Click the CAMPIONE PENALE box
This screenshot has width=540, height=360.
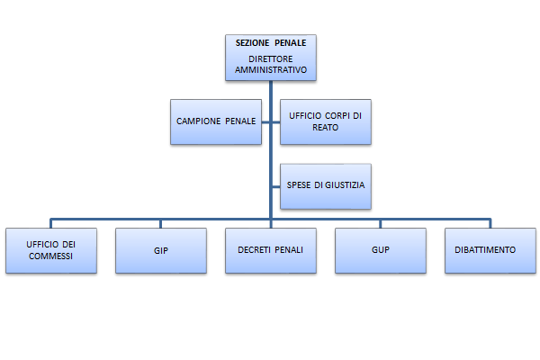point(216,121)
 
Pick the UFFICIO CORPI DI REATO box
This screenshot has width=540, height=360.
point(325,121)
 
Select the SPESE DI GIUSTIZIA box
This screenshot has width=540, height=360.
point(325,185)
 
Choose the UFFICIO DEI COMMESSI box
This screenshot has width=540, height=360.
point(50,249)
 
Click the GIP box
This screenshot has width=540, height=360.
point(161,249)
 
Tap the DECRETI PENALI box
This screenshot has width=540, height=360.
point(271,249)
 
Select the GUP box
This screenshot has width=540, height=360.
point(381,249)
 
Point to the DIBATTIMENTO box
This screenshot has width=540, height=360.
point(490,249)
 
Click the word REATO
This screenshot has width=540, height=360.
point(325,127)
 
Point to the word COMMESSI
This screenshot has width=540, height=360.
point(50,256)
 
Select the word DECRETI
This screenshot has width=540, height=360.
point(256,249)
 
